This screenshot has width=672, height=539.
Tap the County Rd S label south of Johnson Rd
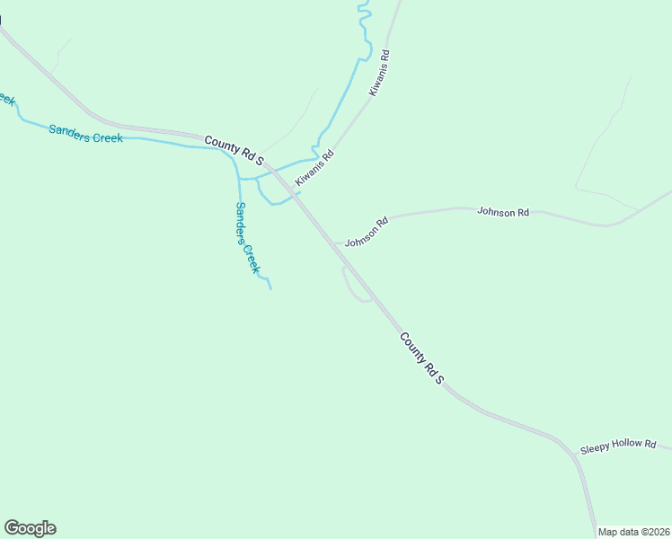click(422, 358)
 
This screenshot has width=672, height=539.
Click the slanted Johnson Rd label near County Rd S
click(367, 232)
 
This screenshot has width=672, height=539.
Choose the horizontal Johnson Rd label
click(503, 213)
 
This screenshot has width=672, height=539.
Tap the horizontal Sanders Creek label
click(85, 134)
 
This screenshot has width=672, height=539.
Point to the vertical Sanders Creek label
click(247, 238)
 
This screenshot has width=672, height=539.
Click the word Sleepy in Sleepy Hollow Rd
click(596, 446)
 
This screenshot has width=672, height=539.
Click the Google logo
click(30, 528)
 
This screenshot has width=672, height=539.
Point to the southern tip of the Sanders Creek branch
click(270, 288)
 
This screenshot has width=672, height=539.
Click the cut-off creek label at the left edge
click(7, 99)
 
